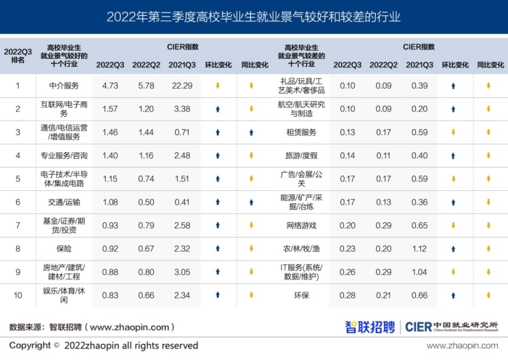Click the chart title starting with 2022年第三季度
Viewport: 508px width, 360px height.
pos(253,17)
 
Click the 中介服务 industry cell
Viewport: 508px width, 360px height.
pos(63,86)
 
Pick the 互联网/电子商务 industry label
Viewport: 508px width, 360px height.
pos(63,109)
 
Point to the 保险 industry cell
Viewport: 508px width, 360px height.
pos(63,248)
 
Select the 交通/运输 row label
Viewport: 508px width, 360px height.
pos(63,202)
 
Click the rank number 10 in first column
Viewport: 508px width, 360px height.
pos(18,295)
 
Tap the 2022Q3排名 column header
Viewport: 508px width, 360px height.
pos(18,55)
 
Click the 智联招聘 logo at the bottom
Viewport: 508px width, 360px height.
pos(370,327)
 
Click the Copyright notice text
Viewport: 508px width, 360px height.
pos(103,345)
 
